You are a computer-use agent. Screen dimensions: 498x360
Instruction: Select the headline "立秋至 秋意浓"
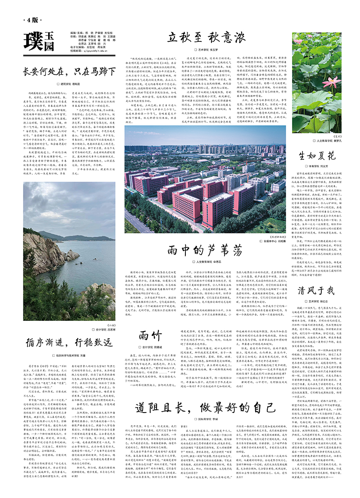[208, 36]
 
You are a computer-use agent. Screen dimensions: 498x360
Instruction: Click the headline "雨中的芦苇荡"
[205, 250]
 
